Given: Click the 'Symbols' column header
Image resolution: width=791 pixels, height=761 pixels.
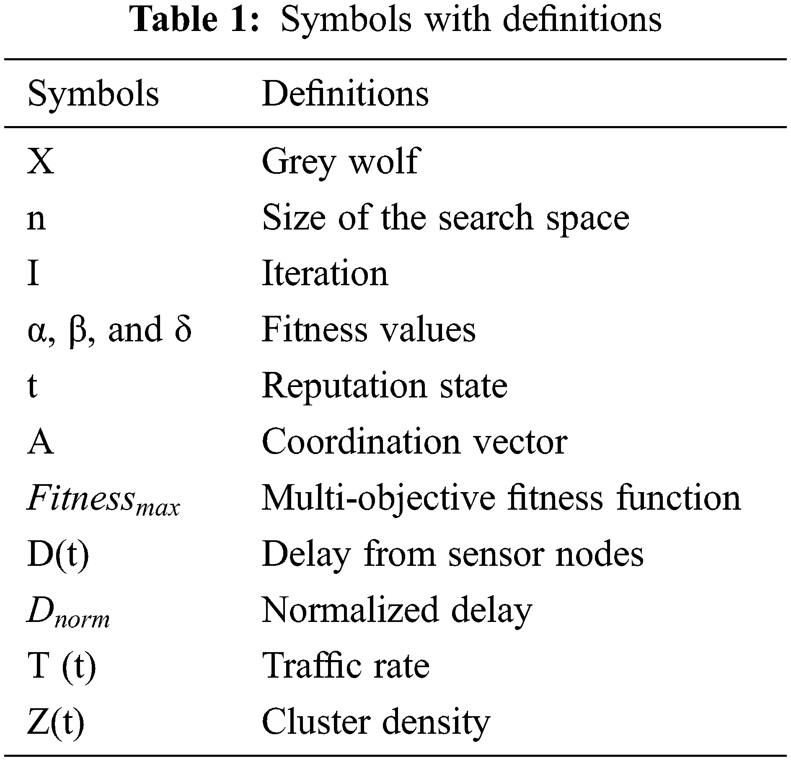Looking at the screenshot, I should point(93,94).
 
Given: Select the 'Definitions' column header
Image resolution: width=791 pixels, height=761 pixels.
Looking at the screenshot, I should point(345,94).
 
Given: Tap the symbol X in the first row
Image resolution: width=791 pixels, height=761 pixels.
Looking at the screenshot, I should point(41,161).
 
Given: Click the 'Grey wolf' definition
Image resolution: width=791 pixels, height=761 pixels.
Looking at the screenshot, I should point(340,161).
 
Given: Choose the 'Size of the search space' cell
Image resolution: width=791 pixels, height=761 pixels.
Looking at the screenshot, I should point(445,218).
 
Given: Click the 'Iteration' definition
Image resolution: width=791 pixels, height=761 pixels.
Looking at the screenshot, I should point(325,274).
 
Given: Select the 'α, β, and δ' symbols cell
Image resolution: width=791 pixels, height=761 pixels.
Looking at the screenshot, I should point(109,330).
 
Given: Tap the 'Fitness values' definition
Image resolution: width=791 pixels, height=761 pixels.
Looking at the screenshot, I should point(369,330).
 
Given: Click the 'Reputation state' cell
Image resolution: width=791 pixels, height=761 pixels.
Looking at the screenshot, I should point(385,386).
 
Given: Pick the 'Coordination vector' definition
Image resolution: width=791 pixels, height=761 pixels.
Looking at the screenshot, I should point(414,442).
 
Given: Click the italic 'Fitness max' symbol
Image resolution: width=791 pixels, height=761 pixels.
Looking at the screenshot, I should point(103,499).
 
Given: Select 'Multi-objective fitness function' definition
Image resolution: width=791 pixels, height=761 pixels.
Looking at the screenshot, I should point(501,498).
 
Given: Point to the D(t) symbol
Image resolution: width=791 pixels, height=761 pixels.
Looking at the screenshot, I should point(58,555).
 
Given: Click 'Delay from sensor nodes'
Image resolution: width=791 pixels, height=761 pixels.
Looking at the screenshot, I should point(452,555).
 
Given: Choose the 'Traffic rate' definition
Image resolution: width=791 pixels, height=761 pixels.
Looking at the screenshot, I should point(346,666).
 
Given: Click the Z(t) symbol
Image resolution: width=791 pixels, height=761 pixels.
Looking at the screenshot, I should point(56,722).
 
